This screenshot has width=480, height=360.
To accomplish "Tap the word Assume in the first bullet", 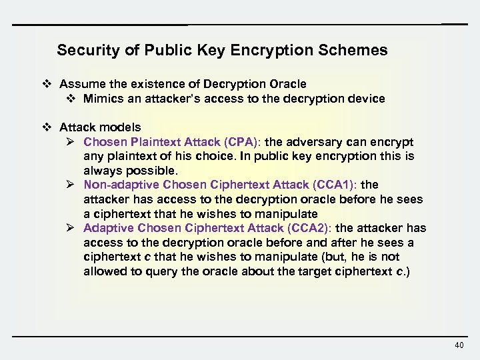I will [79, 84].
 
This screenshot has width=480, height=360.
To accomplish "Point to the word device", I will [367, 98].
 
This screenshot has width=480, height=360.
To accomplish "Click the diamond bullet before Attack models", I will [47, 127].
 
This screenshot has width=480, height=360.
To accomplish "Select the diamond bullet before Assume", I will [47, 84].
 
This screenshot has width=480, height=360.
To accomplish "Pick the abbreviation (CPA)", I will [243, 142].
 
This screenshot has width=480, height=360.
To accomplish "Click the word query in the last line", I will [153, 271].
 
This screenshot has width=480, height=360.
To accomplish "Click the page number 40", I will [459, 345].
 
